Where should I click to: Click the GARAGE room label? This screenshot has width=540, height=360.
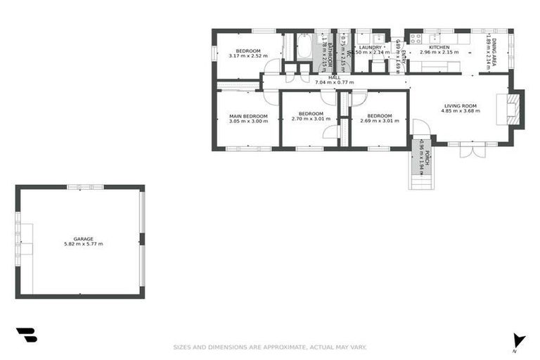coord(84,238)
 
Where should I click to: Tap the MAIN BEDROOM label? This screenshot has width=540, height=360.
coord(249,115)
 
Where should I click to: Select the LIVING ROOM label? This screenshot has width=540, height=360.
coord(461,105)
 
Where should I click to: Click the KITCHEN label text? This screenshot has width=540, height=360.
coord(435,46)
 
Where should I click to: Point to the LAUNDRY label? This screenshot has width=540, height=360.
coord(370,47)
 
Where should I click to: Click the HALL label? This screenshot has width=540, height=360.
coord(334,77)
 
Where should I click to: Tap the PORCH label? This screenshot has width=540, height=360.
coord(427,159)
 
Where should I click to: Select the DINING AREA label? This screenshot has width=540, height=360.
coord(495,52)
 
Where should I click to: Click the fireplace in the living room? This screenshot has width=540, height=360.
coord(514,110)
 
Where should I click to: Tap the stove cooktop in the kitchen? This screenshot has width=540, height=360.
coord(415,39)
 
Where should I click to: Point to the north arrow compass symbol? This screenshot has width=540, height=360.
coord(519,341)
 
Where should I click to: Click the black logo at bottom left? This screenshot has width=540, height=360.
coord(26,335)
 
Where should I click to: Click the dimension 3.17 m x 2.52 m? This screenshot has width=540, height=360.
coord(249,56)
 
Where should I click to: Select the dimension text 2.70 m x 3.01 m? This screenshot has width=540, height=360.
coord(311,119)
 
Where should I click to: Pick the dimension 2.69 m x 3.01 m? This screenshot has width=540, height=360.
coord(379,121)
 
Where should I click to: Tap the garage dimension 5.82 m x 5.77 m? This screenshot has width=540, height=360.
coord(84,244)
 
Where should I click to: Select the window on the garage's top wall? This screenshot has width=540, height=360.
coord(85,187)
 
